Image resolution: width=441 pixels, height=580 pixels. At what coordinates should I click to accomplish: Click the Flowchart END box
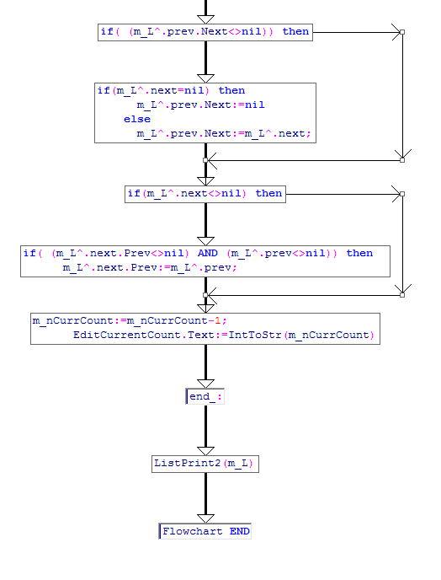coord(205,531)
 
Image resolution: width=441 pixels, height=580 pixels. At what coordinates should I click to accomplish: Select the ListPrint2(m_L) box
coord(205,464)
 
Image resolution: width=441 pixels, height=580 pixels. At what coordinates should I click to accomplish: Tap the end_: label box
coord(205,396)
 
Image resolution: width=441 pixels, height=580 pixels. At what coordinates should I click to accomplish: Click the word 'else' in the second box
coord(137,119)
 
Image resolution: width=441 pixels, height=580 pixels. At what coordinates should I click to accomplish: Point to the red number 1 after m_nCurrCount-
coord(217,320)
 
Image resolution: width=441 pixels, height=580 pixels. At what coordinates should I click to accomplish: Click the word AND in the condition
coord(208,253)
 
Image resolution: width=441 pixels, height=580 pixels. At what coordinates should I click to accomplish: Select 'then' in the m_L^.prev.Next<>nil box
coord(295,31)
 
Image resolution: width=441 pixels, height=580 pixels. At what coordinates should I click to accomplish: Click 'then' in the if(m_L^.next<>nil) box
coord(268,193)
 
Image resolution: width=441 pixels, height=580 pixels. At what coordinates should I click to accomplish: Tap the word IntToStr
coord(255,335)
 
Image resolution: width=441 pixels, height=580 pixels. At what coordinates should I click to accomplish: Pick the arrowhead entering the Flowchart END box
coord(205,518)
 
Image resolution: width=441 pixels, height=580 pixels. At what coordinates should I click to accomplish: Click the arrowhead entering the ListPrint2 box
coord(205,451)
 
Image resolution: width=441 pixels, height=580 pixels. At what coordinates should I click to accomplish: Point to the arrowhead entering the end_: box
coord(205,384)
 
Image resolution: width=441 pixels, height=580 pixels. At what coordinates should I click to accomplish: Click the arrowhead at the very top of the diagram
coord(205,19)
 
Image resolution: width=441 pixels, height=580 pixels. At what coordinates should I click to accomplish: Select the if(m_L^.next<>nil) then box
coord(205,194)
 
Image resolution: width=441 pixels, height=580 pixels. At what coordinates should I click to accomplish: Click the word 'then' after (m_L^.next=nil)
coord(231,90)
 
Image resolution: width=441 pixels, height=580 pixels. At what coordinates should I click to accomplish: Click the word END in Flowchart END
coord(240,531)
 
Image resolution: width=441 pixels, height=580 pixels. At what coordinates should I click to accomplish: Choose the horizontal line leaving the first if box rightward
coord(357,32)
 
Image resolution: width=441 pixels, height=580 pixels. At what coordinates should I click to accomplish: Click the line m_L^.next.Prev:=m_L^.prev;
coord(150,267)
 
